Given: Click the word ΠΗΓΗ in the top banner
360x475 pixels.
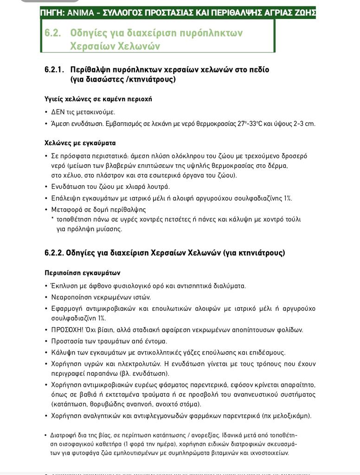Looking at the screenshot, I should (x=53, y=13).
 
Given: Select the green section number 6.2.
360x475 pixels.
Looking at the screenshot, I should (x=53, y=33).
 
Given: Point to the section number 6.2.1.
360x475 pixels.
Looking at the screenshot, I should (x=54, y=70).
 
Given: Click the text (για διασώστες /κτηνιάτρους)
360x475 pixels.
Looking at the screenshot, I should (x=123, y=79).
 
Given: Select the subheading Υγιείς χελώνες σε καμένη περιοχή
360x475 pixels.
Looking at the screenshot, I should (x=98, y=99).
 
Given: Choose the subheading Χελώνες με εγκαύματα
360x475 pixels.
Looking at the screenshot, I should (x=80, y=143).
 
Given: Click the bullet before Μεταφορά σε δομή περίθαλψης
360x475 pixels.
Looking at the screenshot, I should (x=46, y=210).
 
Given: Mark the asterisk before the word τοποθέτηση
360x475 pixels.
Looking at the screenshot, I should (x=52, y=219).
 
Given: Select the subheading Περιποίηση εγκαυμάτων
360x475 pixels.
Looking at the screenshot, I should (x=82, y=273).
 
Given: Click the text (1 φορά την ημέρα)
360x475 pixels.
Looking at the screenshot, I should (x=144, y=444).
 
